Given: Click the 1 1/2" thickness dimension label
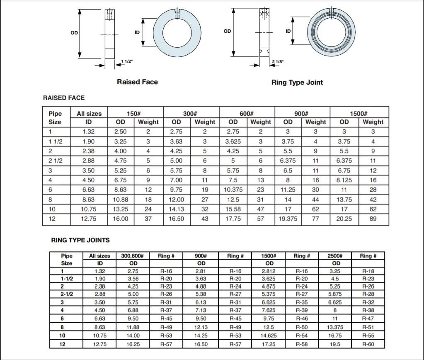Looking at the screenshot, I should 126,61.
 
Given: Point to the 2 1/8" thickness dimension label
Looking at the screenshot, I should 278,62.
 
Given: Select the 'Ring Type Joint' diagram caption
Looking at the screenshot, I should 297,82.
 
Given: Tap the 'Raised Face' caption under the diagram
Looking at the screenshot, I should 137,82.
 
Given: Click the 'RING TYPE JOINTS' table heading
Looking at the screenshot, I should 80,240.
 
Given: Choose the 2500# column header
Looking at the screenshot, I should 336,256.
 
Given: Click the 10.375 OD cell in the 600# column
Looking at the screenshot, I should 233,190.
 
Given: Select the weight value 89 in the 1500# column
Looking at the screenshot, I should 373,219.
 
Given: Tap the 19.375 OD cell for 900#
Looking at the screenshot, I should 288,219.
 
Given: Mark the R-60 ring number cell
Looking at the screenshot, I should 368,344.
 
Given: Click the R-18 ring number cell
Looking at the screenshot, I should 368,271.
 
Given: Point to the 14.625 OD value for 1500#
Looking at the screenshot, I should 269,335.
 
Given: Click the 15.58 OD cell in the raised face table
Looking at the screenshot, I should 233,209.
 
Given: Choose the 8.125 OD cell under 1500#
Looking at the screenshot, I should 344,180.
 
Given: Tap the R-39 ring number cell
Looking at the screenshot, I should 302,310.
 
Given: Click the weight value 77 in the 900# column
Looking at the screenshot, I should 315,219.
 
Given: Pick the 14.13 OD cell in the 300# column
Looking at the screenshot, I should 177,209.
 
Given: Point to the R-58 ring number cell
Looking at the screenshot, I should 302,344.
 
